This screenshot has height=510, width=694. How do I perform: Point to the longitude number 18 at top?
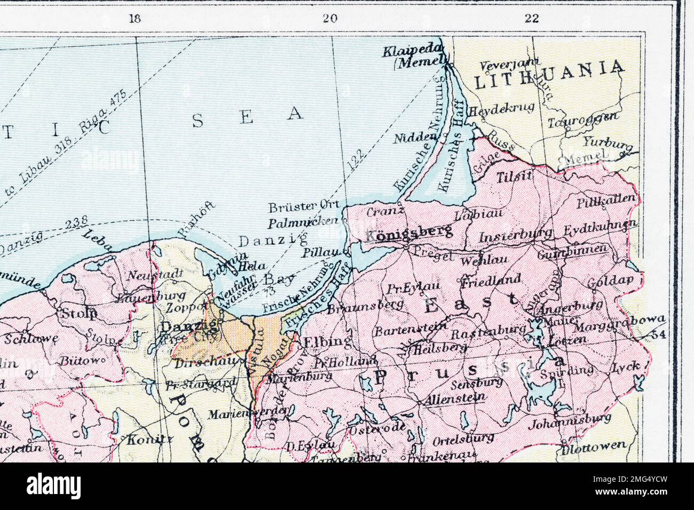pyautogui.click(x=135, y=19)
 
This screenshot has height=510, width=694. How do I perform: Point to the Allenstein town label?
pyautogui.click(x=455, y=397)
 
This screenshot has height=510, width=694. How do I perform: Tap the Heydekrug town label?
pyautogui.click(x=501, y=109)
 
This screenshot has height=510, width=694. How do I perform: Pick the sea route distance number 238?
pyautogui.click(x=77, y=224)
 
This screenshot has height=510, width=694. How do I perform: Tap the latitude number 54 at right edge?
pyautogui.click(x=659, y=334)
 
